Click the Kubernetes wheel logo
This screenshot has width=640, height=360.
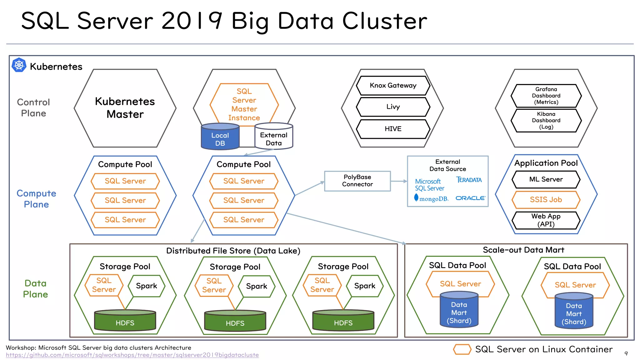(x=19, y=65)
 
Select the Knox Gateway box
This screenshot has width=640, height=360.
(x=393, y=86)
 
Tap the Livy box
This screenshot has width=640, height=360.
(x=393, y=107)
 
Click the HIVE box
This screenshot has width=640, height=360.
(x=393, y=129)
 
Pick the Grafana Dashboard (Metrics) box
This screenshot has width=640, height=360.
(x=546, y=96)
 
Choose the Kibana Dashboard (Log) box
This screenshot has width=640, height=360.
(x=546, y=120)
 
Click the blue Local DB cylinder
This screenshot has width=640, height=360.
(x=220, y=138)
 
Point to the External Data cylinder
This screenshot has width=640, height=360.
(x=274, y=138)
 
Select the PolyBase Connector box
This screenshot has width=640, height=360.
(x=357, y=181)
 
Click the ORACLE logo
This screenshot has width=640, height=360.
(x=470, y=198)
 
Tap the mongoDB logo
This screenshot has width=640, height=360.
(x=431, y=198)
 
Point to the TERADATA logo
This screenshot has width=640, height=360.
(x=469, y=180)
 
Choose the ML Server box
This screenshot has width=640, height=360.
(x=546, y=179)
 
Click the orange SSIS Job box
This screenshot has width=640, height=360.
(x=546, y=200)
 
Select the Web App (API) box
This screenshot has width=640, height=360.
(x=546, y=220)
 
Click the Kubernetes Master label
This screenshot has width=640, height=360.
(x=125, y=108)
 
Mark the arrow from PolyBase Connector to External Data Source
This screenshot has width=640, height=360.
(x=399, y=181)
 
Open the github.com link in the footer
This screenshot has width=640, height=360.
(x=132, y=355)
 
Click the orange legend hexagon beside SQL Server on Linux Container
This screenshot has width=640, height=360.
(x=462, y=349)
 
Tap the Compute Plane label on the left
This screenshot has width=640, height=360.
(x=36, y=199)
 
